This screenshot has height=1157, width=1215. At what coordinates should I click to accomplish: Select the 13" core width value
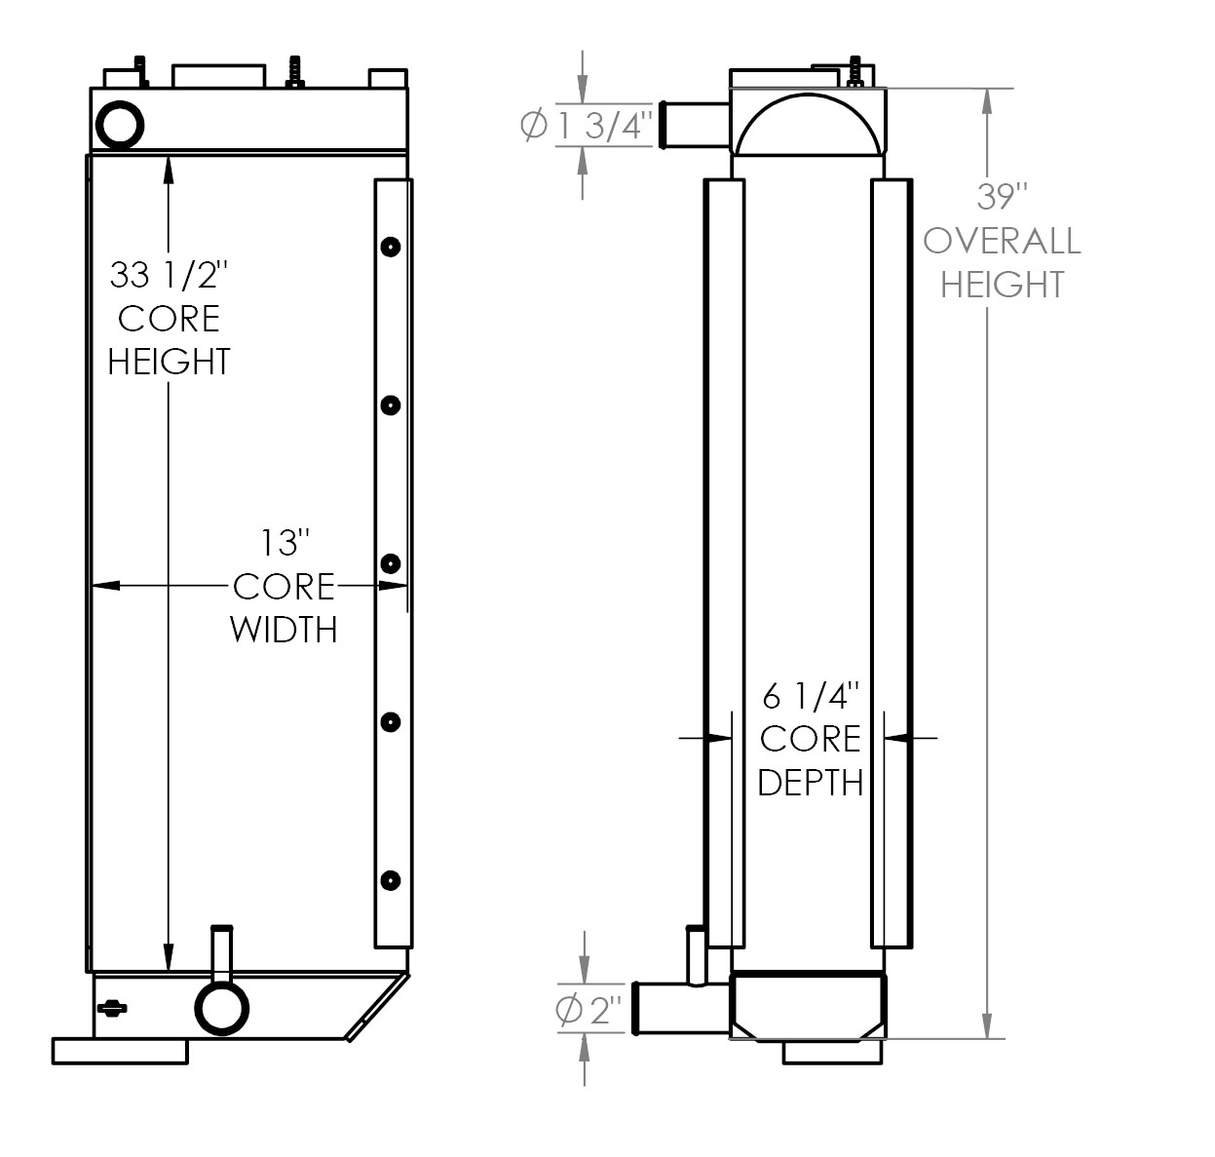pos(284,542)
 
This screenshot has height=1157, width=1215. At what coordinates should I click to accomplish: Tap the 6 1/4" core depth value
pos(811,696)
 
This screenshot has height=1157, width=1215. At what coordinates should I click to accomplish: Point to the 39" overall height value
pos(1003,197)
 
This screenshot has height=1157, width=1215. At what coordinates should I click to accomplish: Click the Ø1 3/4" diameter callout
pos(586,126)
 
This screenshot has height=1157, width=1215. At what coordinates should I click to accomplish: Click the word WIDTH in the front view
pos(284,630)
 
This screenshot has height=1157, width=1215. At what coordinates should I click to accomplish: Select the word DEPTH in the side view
pos(811,782)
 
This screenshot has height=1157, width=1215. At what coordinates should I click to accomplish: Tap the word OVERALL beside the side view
pos(1003,241)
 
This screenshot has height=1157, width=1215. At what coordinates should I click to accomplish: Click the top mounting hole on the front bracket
pos(390,247)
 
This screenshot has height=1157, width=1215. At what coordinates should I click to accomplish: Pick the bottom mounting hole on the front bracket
pos(390,880)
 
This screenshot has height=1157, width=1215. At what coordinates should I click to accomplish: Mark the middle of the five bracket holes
pos(390,563)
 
